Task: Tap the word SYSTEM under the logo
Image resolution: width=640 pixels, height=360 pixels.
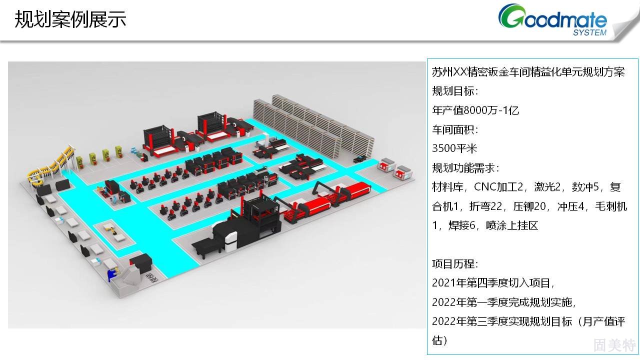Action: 589,32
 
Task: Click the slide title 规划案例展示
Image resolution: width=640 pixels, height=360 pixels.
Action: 70,19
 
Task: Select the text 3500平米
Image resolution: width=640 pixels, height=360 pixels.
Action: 454,148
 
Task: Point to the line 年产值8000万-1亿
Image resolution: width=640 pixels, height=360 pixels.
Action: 475,110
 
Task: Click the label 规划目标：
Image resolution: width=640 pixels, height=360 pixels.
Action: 455,91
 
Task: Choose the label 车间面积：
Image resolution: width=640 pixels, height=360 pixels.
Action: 455,129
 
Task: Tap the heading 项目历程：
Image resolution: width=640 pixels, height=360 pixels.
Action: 455,263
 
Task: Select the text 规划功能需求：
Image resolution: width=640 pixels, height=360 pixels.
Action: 465,167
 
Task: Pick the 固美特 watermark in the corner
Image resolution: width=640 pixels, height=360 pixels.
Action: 614,344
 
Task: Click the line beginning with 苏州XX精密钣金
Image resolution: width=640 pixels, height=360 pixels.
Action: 528,71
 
